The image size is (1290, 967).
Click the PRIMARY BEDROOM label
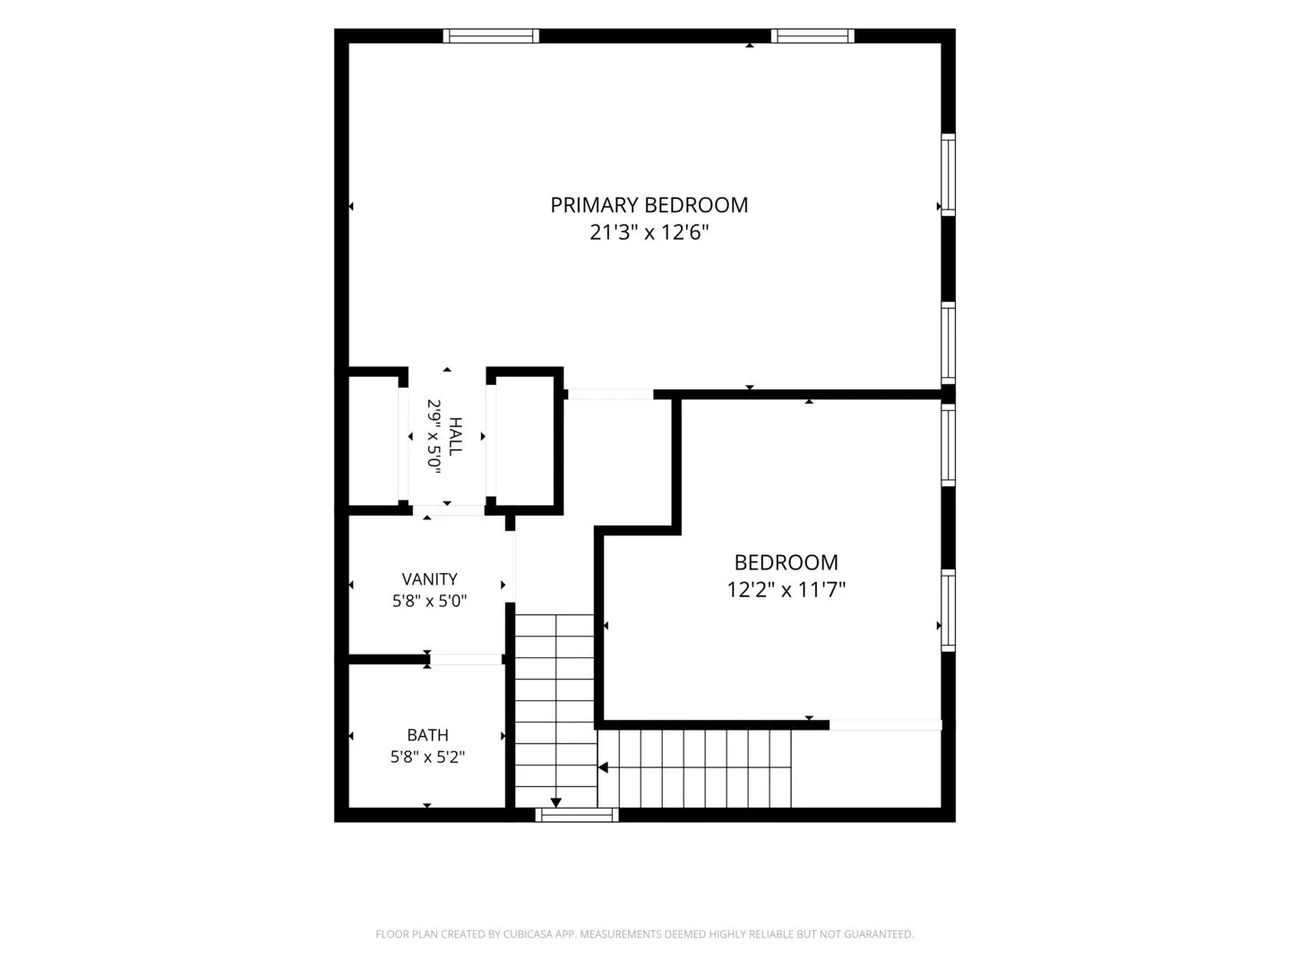649,205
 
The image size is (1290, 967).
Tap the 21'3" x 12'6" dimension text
649,233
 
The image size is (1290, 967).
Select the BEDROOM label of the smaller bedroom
786,562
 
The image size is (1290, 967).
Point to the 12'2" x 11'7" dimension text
786,589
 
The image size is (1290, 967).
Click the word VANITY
429,579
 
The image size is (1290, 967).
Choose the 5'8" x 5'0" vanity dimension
429,601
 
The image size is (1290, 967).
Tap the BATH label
427,735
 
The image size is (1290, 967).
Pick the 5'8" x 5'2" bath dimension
427,757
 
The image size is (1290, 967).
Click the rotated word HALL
455,436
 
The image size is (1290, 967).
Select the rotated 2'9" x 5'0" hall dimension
434,436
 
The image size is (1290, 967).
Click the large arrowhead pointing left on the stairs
602,767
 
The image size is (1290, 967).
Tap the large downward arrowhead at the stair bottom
555,802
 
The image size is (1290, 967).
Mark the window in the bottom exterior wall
577,815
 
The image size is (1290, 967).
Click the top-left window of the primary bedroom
491,36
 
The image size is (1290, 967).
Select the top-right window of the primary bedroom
813,36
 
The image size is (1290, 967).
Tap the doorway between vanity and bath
466,659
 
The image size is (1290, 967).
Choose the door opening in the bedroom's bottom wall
885,725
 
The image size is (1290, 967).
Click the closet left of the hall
374,441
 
